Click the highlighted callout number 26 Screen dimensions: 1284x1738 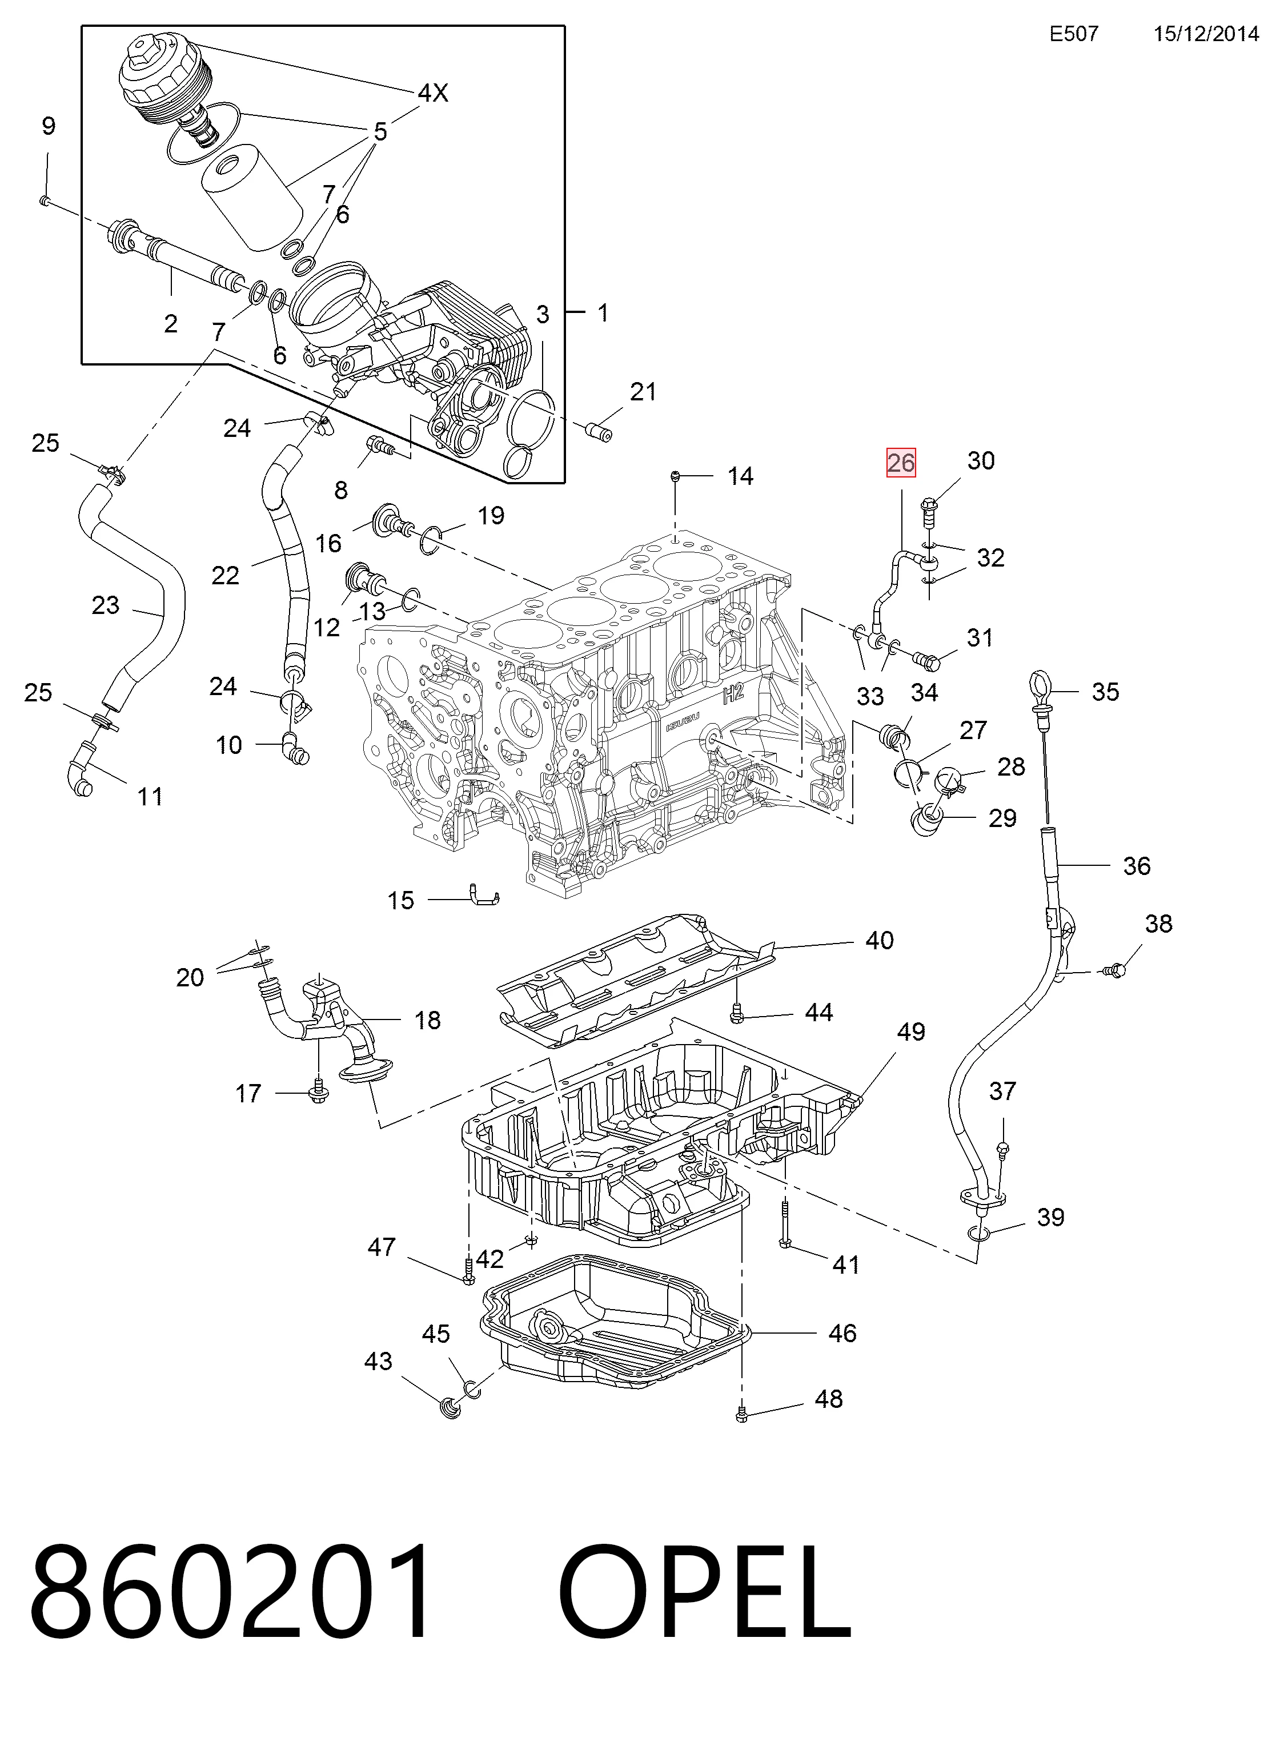pos(901,463)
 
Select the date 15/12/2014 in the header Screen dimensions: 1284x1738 pos(1206,34)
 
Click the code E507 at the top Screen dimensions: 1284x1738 pos(1074,34)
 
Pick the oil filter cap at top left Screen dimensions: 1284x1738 pos(164,84)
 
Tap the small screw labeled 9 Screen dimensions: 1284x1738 pos(45,201)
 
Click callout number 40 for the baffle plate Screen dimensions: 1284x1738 pos(879,941)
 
